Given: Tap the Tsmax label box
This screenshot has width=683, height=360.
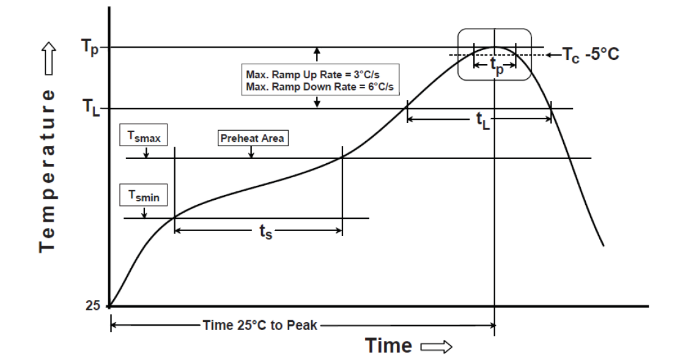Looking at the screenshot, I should [x=144, y=138].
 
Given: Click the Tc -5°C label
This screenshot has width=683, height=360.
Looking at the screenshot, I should [x=589, y=55].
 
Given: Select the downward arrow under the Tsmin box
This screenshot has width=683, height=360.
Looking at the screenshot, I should [x=144, y=211].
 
